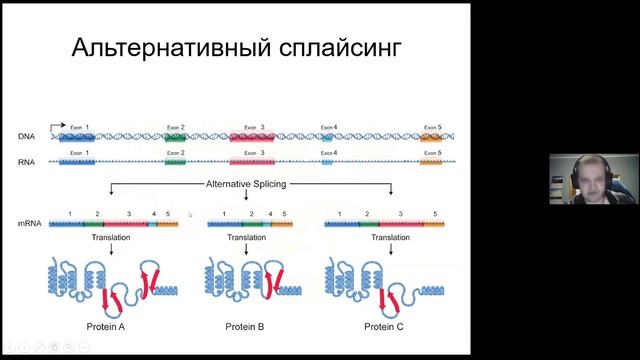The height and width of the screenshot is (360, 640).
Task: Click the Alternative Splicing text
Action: point(248,184)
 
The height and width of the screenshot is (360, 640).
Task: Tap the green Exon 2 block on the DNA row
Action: point(175,136)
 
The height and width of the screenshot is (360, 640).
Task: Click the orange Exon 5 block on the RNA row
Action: point(432,160)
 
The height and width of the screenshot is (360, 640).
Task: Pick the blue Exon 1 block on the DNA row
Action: point(78,136)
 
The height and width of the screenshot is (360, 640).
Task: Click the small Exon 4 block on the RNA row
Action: point(327,160)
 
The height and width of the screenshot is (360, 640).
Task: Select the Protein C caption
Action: point(384,326)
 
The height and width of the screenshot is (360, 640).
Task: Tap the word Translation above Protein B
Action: point(246,238)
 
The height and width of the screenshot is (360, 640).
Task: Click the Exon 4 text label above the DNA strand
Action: point(329,127)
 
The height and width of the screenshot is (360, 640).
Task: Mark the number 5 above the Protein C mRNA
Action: point(435,215)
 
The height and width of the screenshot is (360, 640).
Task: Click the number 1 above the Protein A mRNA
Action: point(69,215)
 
